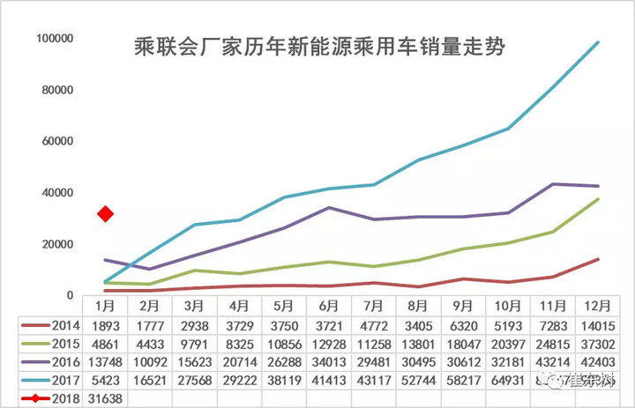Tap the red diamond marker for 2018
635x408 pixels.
(106, 214)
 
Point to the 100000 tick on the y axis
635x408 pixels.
(55, 39)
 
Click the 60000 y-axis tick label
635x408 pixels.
(58, 142)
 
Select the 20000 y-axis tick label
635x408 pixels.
(58, 245)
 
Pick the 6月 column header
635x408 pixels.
(329, 304)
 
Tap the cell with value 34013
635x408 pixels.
(329, 361)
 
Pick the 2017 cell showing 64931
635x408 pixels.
(509, 380)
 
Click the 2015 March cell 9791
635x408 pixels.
(195, 343)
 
